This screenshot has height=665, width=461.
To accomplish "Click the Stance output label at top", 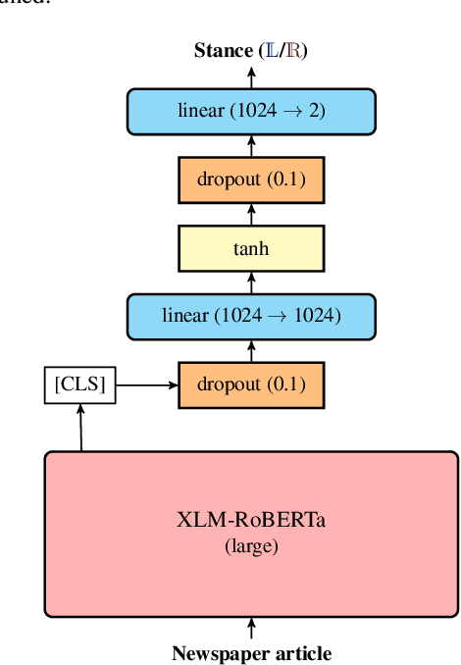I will [x=250, y=51].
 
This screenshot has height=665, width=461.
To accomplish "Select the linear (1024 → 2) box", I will [x=251, y=111].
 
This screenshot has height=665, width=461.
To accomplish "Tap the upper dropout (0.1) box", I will [x=251, y=180].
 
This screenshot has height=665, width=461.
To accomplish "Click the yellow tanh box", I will [x=251, y=248].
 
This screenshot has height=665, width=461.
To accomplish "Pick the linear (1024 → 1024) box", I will [x=251, y=316].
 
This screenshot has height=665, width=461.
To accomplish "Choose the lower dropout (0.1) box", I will [x=251, y=384].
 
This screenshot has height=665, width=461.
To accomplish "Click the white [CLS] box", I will [x=80, y=384].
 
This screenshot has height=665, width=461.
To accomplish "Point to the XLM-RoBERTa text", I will [x=251, y=521].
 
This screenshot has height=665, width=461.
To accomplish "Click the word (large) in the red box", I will [x=251, y=545].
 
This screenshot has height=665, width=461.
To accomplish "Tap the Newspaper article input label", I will [x=251, y=653].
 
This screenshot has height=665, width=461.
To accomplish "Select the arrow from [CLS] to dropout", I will [x=146, y=384].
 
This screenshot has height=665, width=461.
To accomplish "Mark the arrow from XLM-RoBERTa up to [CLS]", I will [x=80, y=428].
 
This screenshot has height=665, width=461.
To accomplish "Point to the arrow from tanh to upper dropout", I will [x=251, y=215].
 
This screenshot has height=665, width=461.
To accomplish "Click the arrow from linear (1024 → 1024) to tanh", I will [x=251, y=282].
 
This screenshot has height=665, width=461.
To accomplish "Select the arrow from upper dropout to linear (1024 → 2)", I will [x=251, y=146].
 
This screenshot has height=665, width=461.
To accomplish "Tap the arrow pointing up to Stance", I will [x=251, y=76].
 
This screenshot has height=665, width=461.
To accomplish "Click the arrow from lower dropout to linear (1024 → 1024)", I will [x=251, y=350].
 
